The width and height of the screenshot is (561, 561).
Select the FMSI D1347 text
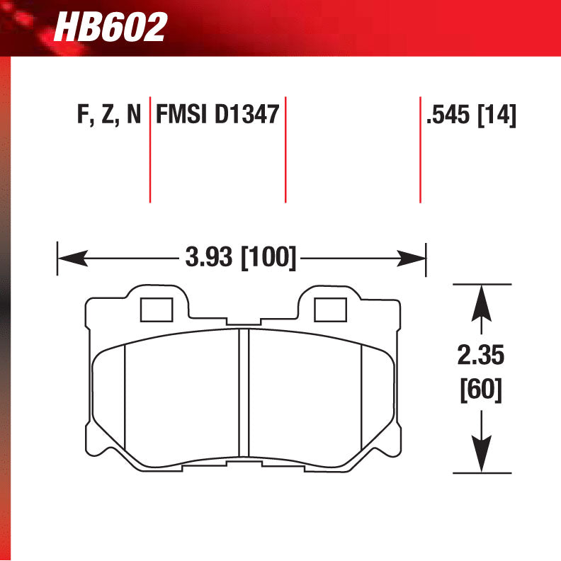216,115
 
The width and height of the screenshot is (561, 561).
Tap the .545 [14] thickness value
470,115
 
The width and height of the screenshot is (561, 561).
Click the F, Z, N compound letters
108,115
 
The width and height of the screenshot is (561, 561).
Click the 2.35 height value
482,355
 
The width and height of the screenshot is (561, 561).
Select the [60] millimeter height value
482,390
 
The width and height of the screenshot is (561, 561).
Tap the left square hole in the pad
157,310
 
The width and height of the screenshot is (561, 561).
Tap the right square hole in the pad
329,310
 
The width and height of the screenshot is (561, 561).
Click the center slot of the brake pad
244,393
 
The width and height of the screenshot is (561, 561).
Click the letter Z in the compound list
108,115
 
